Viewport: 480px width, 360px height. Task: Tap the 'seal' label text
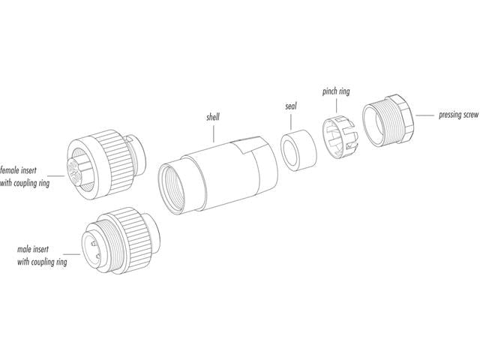291,106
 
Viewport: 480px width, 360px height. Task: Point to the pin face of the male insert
97,246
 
